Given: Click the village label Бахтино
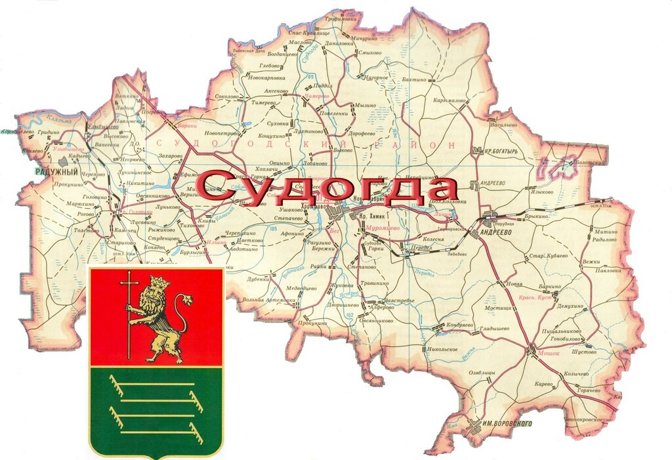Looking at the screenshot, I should (414, 79).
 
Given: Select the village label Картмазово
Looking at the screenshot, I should (449, 101).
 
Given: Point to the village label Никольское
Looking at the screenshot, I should (442, 349).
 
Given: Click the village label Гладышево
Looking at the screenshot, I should (494, 327).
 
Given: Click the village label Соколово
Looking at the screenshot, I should (226, 96).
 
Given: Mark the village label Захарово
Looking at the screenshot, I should (170, 156).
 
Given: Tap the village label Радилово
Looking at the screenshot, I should (604, 240).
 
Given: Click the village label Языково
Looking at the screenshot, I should (541, 192).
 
